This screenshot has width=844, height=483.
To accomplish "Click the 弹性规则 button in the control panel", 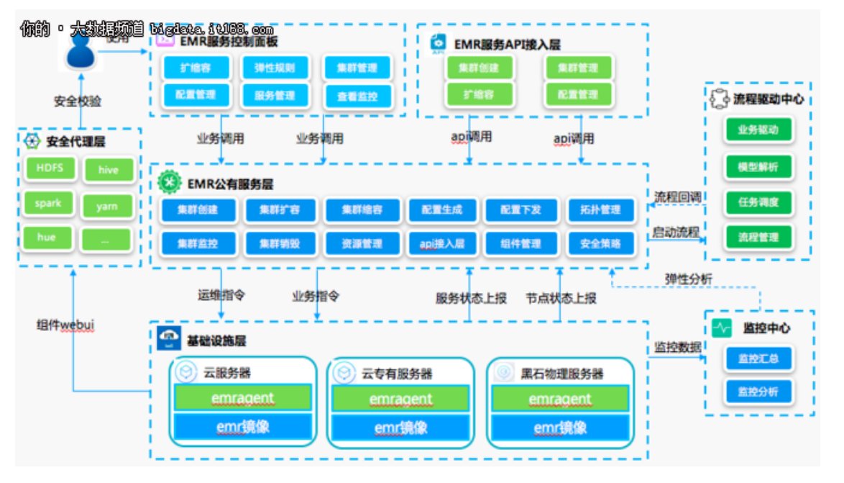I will tap(275, 68).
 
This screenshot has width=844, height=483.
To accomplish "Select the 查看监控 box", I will tap(357, 96).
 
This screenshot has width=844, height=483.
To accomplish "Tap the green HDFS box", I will tap(49, 168).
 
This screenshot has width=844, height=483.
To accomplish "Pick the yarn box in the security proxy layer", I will tap(107, 206).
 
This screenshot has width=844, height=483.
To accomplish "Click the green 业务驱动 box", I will tap(758, 130).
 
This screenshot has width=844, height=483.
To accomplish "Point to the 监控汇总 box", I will tap(758, 358).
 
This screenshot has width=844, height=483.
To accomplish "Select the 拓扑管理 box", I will tap(600, 210).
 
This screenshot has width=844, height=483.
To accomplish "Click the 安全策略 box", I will tap(600, 244).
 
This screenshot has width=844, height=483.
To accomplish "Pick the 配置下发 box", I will tap(520, 210).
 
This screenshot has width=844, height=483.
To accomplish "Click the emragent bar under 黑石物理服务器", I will tap(561, 399).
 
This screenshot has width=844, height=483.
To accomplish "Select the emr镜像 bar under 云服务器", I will tap(242, 428).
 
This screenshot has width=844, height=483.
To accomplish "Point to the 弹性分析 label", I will tap(689, 279).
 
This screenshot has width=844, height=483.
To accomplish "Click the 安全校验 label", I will tap(78, 102).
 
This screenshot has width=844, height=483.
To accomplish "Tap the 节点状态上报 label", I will tap(561, 298).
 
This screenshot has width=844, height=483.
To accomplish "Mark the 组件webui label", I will tap(65, 325).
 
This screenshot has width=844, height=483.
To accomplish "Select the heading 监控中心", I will tap(766, 328).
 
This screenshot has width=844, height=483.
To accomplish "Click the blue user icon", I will tap(81, 52).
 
